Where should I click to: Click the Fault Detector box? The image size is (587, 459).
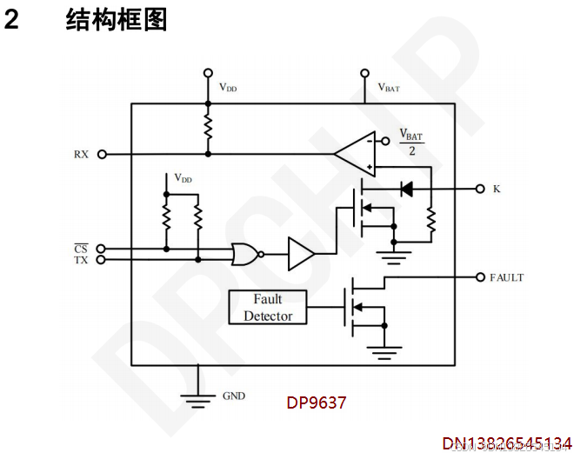pos(268,307)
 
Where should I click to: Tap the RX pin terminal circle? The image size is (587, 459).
pos(102,154)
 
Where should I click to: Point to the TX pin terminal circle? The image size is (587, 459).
pos(102,259)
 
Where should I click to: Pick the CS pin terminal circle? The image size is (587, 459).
pos(102,249)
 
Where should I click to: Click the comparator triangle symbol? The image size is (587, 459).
pos(356,154)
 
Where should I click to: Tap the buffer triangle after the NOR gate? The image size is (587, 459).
pos(301,254)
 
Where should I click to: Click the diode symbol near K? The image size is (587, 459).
pos(404,188)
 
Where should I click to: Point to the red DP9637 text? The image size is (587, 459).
pos(317,403)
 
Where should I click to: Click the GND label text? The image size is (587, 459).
pos(234,396)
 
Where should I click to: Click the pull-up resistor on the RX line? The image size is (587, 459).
pos(207,128)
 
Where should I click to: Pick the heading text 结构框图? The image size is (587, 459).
pos(117,20)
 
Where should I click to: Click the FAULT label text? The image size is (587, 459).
pos(506,278)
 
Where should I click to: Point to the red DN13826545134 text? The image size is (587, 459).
pos(507,444)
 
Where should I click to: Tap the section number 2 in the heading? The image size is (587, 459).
pos(11,20)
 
